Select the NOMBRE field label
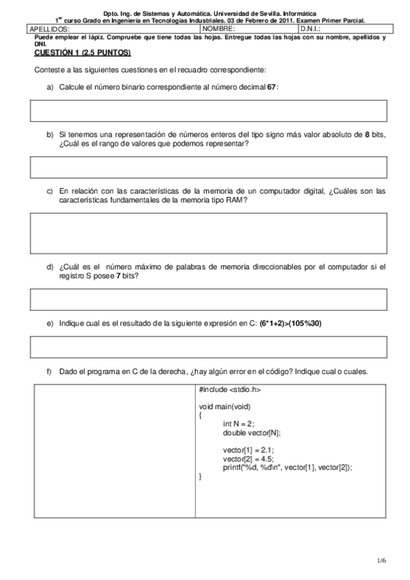[218, 29]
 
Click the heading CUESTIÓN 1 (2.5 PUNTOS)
[83, 53]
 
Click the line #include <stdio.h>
[230, 390]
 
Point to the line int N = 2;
[239, 424]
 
